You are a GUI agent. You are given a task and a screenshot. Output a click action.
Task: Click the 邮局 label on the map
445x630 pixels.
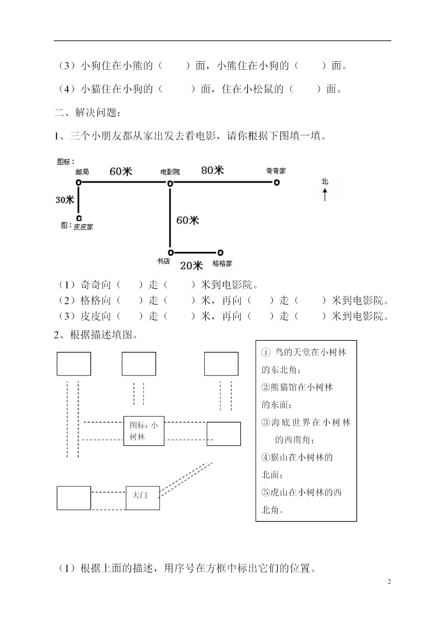pyautogui.click(x=82, y=172)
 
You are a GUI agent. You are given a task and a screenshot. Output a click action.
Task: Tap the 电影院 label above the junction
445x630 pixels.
pyautogui.click(x=170, y=172)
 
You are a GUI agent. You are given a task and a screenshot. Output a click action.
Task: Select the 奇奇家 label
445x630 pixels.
pyautogui.click(x=276, y=171)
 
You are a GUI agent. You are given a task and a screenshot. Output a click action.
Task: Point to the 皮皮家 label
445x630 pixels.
pyautogui.click(x=83, y=227)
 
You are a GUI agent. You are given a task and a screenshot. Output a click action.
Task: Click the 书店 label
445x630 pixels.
pyautogui.click(x=163, y=261)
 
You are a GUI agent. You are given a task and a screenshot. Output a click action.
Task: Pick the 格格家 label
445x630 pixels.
pyautogui.click(x=222, y=263)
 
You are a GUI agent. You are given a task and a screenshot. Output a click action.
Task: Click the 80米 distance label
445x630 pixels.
pyautogui.click(x=212, y=170)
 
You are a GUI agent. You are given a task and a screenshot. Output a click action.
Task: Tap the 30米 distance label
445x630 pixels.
pyautogui.click(x=65, y=200)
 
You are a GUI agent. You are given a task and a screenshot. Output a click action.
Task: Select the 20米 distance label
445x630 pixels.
pyautogui.click(x=191, y=266)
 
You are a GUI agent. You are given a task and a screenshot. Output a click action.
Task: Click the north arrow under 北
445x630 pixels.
pyautogui.click(x=325, y=194)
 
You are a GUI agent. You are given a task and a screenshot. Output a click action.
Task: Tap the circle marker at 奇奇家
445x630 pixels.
pyautogui.click(x=277, y=182)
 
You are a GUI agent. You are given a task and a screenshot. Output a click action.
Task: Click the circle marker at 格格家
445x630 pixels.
pyautogui.click(x=220, y=252)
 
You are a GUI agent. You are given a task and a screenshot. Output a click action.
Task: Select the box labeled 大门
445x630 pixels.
pyautogui.click(x=143, y=498)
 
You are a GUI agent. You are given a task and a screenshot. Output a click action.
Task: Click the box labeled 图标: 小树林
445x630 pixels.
pyautogui.click(x=144, y=431)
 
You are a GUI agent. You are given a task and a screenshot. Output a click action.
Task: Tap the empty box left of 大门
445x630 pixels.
pyautogui.click(x=74, y=498)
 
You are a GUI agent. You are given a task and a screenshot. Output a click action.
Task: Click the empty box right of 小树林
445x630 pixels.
pyautogui.click(x=223, y=434)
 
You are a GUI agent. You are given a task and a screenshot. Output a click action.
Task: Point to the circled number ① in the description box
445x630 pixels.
pyautogui.click(x=266, y=353)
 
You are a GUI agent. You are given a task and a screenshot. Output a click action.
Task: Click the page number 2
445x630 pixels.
pyautogui.click(x=389, y=582)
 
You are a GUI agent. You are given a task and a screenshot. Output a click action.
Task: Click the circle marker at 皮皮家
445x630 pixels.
pyautogui.click(x=79, y=218)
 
